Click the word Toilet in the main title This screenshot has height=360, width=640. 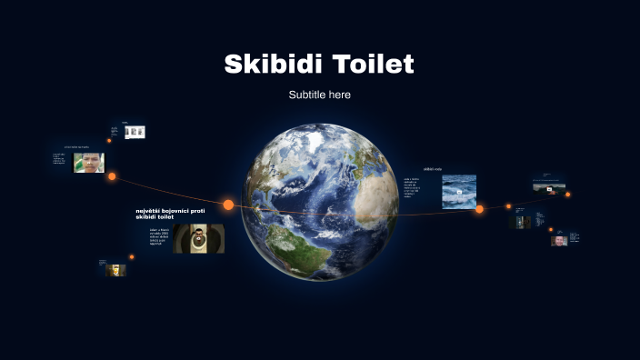pyautogui.click(x=373, y=65)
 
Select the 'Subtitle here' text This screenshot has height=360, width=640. pyautogui.click(x=319, y=95)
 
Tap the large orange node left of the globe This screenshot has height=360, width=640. pyautogui.click(x=228, y=205)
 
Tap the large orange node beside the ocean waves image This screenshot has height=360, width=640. pyautogui.click(x=479, y=209)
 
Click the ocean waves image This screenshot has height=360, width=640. pyautogui.click(x=459, y=191)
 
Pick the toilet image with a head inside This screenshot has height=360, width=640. pyautogui.click(x=198, y=238)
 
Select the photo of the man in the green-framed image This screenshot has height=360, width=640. pyautogui.click(x=89, y=163)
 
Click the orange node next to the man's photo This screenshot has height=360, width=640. pyautogui.click(x=112, y=176)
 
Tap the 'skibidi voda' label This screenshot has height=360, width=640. pyautogui.click(x=433, y=169)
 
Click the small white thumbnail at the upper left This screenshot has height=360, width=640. pyautogui.click(x=135, y=132)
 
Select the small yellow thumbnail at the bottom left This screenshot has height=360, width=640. pyautogui.click(x=115, y=269)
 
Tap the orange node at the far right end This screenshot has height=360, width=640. pyautogui.click(x=568, y=194)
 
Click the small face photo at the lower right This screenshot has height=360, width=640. pyautogui.click(x=559, y=240)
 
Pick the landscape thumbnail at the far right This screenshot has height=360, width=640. pyautogui.click(x=549, y=186)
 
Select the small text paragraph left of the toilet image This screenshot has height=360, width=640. pyautogui.click(x=160, y=236)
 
